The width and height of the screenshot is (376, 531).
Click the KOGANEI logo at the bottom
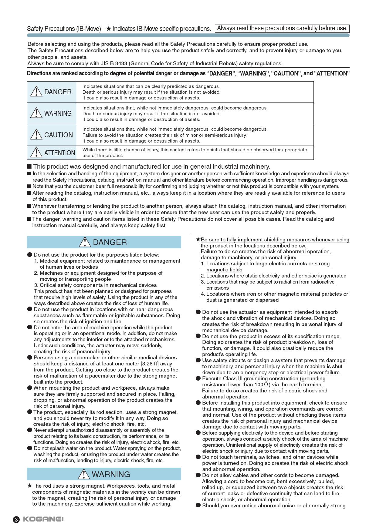click(x=43, y=519)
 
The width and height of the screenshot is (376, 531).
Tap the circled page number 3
click(x=16, y=519)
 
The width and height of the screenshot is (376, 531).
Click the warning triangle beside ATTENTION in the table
click(x=36, y=152)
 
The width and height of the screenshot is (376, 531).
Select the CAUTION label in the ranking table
click(x=59, y=135)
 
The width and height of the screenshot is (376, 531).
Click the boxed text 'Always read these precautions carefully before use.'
click(x=282, y=29)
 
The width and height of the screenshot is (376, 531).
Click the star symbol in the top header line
click(x=109, y=29)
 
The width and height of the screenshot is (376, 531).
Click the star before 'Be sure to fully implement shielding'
click(x=198, y=240)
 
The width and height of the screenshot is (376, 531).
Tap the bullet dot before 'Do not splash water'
click(x=30, y=448)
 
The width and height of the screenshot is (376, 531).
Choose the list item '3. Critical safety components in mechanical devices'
click(x=95, y=285)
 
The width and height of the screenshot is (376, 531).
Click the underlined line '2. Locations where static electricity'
click(x=273, y=276)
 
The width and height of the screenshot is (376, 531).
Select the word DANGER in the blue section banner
click(x=110, y=242)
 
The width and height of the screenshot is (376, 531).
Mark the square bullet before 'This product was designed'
click(x=29, y=166)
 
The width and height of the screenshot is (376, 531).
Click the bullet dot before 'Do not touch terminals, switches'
click(x=198, y=457)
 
